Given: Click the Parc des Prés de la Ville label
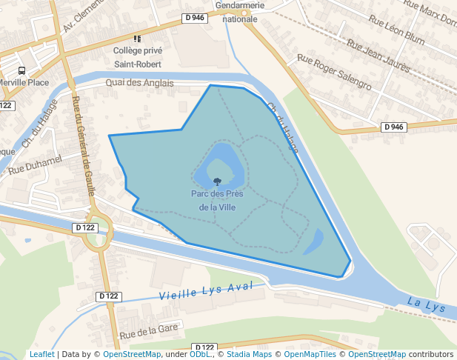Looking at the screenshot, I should click(217, 201).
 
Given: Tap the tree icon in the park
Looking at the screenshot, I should click(217, 181).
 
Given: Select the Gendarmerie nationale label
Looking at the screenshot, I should click(240, 13).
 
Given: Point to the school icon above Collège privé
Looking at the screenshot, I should click(137, 39).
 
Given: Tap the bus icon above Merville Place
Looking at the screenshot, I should click(21, 70).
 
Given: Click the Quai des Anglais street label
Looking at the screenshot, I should click(139, 83).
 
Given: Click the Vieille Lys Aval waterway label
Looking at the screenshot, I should click(206, 290).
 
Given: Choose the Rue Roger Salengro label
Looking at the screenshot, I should click(333, 71).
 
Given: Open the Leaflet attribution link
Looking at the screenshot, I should click(41, 354).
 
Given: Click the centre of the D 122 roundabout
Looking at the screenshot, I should click(97, 232).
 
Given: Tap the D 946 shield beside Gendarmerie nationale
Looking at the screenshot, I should click(194, 17).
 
